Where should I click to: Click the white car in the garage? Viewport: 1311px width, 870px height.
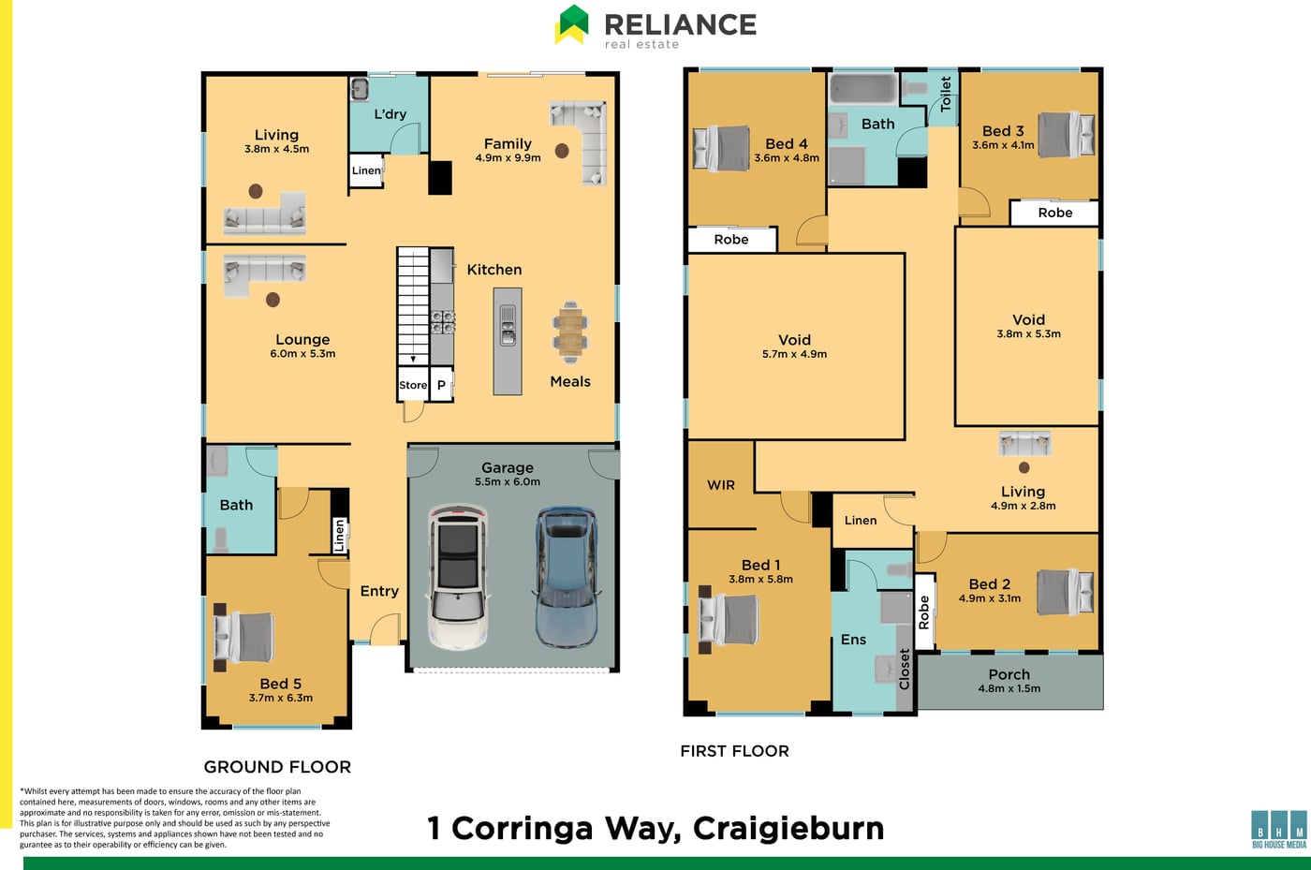coord(458,578)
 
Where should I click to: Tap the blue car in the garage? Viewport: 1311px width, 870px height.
coord(566,577)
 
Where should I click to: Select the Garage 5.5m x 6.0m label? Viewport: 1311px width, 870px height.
coord(508,474)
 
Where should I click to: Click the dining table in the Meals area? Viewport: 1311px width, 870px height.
coord(570,332)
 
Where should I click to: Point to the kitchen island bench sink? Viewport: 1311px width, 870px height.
coord(508,326)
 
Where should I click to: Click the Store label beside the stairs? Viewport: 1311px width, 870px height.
coord(413,385)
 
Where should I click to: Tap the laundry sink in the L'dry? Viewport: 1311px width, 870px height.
coord(360,90)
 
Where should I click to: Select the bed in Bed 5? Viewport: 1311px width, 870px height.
coord(243,637)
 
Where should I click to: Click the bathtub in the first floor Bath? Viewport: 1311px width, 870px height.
coord(863,90)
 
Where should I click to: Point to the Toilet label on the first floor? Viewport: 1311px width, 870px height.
coord(945,95)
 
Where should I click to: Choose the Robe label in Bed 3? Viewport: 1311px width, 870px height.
coord(1055,213)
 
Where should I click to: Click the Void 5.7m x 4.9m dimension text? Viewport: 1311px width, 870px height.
coord(794,354)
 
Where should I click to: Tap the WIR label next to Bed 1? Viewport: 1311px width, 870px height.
coord(721,485)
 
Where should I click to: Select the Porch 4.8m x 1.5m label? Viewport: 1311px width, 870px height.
coord(1009,681)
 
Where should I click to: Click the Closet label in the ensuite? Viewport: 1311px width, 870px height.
coord(905,669)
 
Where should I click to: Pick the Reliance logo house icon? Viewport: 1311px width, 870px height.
coord(572,24)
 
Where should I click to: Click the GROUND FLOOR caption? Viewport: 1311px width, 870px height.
coord(277,766)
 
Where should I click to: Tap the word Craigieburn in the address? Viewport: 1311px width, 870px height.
coord(788,829)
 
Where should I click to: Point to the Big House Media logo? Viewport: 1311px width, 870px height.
coord(1279,829)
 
